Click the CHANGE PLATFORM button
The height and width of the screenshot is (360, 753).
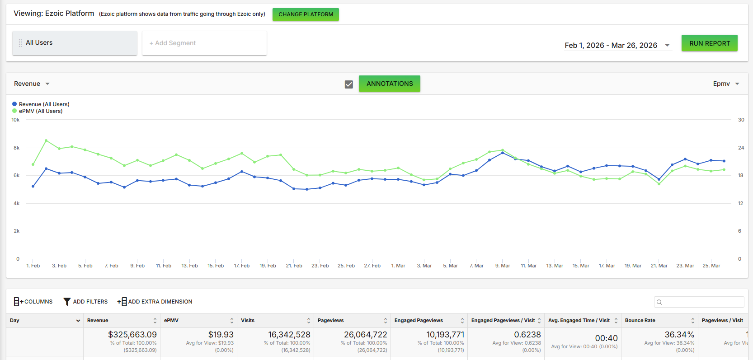306,14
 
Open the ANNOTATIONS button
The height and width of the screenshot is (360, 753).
389,84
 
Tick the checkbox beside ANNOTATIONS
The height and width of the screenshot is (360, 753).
349,84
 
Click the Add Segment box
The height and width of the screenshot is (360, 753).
204,43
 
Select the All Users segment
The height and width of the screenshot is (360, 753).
75,43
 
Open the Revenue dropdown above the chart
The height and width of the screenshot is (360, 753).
32,84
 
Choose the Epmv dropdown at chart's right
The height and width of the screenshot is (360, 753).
726,84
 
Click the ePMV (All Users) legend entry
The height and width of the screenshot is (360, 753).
38,111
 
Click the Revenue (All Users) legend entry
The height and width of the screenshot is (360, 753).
41,104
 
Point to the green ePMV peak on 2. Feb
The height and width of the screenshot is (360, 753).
46,140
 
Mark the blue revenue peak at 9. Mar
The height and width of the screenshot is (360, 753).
503,153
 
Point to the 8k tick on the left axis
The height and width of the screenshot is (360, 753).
16,148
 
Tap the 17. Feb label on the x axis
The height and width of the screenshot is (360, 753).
242,266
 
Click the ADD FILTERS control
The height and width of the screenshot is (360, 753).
85,302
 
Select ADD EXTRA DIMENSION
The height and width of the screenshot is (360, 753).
155,302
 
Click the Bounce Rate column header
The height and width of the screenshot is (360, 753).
640,320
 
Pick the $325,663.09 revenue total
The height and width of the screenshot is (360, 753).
132,334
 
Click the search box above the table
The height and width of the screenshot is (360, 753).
699,302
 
